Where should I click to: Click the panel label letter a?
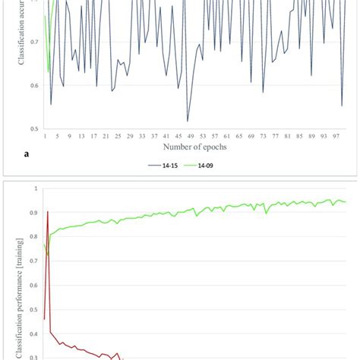[27, 153]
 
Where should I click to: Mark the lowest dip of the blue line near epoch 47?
[188, 120]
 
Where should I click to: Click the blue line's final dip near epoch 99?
[343, 106]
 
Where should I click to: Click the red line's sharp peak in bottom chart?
[48, 212]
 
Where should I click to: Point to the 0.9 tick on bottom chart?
[32, 213]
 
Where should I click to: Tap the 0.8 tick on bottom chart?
[32, 237]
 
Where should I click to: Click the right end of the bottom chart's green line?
[346, 202]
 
